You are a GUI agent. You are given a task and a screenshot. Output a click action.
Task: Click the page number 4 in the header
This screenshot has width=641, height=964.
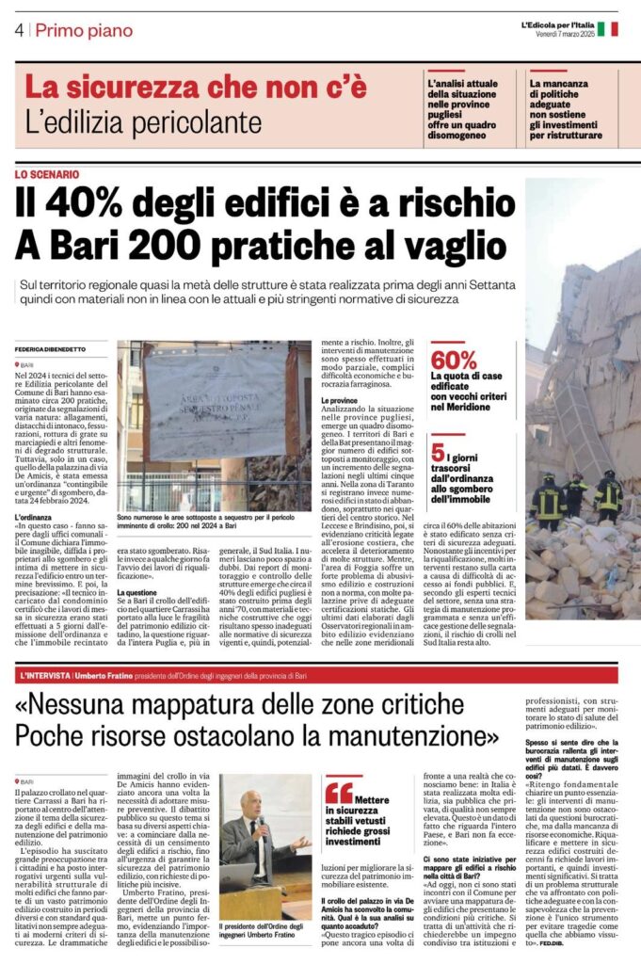point(19,30)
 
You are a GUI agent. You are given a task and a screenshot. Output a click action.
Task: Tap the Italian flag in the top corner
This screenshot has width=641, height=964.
point(608,28)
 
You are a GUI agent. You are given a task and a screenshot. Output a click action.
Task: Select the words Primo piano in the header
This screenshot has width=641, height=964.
point(84,30)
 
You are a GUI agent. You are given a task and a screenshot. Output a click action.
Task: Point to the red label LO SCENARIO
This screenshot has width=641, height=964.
point(47,174)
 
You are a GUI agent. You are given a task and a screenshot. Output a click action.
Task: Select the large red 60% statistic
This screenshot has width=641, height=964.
point(456,360)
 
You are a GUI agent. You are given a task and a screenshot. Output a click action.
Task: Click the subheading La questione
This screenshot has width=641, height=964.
point(136,592)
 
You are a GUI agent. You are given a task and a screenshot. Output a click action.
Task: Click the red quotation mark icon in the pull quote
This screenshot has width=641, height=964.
point(338,791)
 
